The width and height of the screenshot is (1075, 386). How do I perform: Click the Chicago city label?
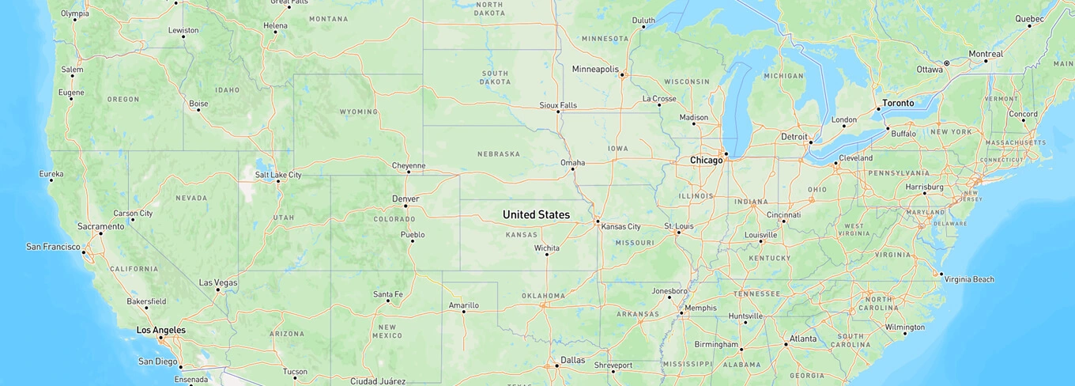pyautogui.click(x=706, y=161)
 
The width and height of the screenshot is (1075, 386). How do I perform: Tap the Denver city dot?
pyautogui.click(x=405, y=206)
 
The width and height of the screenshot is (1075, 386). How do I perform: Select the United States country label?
pyautogui.click(x=536, y=215)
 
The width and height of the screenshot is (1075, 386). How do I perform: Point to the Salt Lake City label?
pyautogui.click(x=278, y=175)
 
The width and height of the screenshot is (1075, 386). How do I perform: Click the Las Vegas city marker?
pyautogui.click(x=218, y=290)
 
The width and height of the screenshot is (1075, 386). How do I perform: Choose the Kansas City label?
pyautogui.click(x=620, y=227)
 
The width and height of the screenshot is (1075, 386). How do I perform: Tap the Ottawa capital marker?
pyautogui.click(x=946, y=63)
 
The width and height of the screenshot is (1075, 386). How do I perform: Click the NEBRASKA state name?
pyautogui.click(x=498, y=153)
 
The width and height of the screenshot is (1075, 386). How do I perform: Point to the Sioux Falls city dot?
pyautogui.click(x=558, y=112)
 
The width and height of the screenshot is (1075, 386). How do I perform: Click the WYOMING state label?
pyautogui.click(x=359, y=112)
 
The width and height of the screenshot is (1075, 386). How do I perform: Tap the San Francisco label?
pyautogui.click(x=53, y=247)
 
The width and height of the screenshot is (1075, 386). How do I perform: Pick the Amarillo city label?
pyautogui.click(x=464, y=305)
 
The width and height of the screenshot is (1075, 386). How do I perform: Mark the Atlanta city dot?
pyautogui.click(x=786, y=344)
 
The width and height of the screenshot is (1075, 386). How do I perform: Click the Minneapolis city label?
pyautogui.click(x=595, y=69)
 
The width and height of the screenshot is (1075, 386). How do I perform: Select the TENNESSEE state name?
pyautogui.click(x=756, y=293)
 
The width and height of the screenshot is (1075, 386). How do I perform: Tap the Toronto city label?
pyautogui.click(x=898, y=103)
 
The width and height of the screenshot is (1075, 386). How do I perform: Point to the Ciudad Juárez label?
pyautogui.click(x=378, y=381)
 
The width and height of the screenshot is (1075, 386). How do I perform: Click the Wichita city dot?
pyautogui.click(x=546, y=254)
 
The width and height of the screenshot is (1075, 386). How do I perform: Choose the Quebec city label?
pyautogui.click(x=1029, y=18)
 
